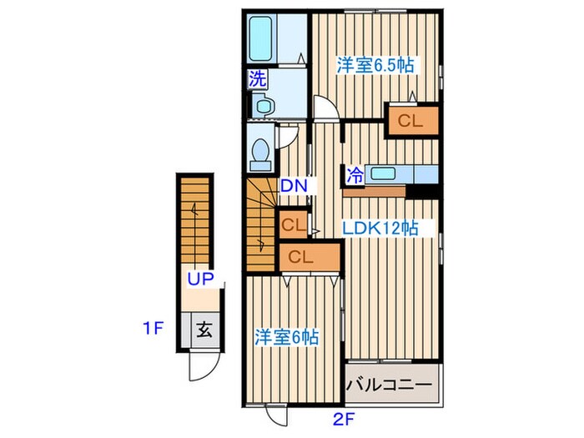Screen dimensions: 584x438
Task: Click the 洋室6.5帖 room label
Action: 375,65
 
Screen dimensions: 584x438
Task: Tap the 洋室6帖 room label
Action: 286,337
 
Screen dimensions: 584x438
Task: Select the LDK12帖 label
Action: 380,228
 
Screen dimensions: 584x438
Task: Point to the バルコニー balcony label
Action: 390,384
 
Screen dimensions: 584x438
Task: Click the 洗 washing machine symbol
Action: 258,79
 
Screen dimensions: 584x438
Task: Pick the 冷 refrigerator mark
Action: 355,175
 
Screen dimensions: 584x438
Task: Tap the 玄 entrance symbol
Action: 204,330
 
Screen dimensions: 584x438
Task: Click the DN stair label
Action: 294,186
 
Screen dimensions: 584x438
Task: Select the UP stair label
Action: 200,278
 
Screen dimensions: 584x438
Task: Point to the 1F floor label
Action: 154,328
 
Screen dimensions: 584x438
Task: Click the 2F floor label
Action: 343,420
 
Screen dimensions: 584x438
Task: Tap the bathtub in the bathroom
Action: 260,38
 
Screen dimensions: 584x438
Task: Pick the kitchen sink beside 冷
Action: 383,174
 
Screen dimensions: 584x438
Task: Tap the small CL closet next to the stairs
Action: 294,224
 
